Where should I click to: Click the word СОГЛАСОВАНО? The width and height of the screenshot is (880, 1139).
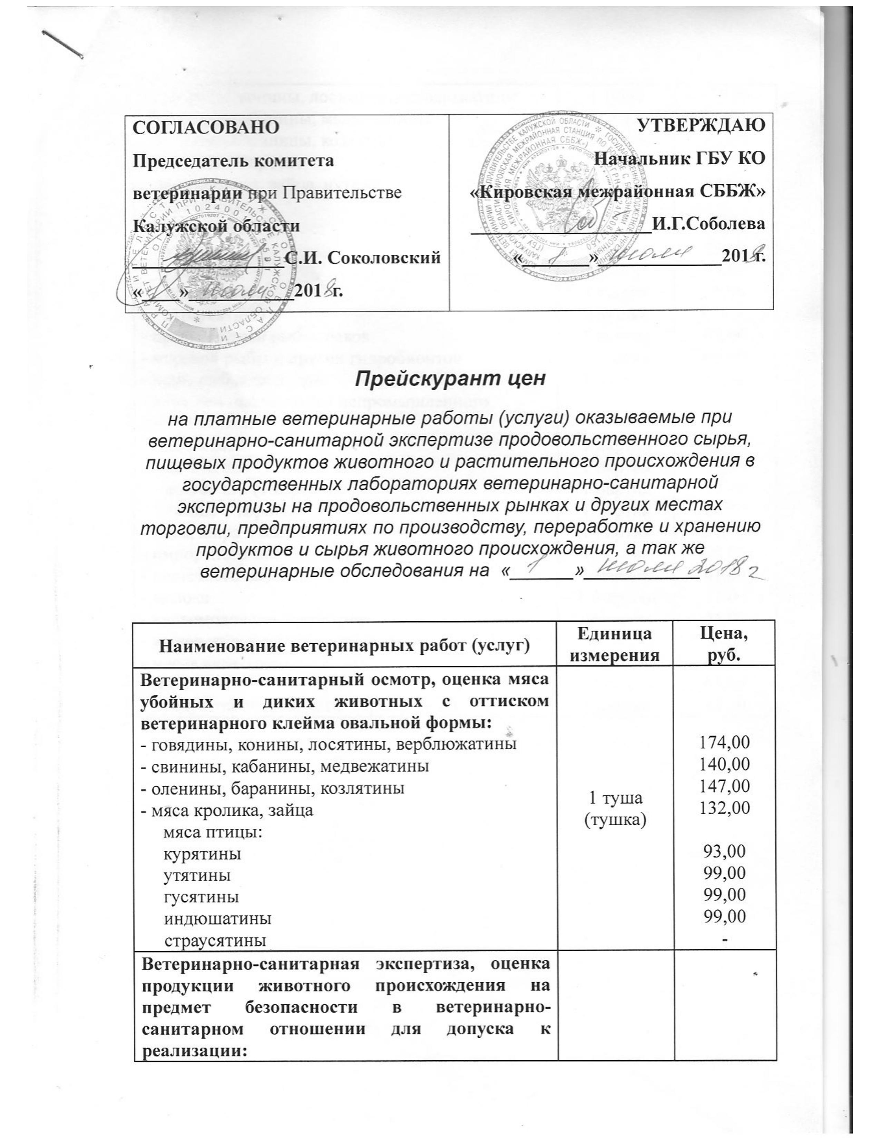(x=206, y=126)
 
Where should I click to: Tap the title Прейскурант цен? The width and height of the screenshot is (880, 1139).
(x=450, y=379)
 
